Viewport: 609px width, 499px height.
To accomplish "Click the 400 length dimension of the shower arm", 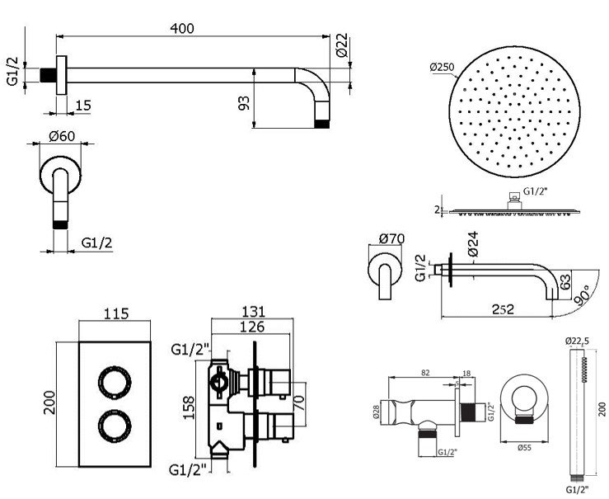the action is pyautogui.click(x=182, y=28).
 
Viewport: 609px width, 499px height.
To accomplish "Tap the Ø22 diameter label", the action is pyautogui.click(x=342, y=45).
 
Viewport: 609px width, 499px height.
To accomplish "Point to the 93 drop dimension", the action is pyautogui.click(x=244, y=103).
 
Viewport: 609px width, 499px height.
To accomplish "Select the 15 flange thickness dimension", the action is pyautogui.click(x=82, y=105).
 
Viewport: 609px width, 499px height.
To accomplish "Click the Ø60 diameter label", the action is pyautogui.click(x=62, y=136).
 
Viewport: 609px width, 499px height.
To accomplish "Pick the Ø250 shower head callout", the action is pyautogui.click(x=442, y=68).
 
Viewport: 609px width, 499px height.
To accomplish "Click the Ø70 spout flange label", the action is pyautogui.click(x=391, y=238).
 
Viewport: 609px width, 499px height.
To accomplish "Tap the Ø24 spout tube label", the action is pyautogui.click(x=473, y=244).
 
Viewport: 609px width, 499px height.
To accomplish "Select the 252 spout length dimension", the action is pyautogui.click(x=503, y=309).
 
